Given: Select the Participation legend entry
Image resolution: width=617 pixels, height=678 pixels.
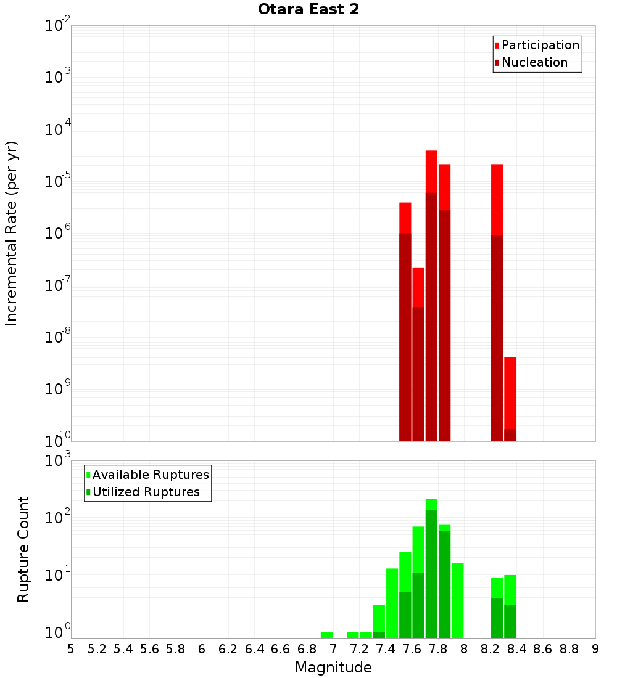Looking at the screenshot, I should [540, 45].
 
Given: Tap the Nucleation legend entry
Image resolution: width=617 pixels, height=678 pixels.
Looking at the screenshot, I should [534, 62].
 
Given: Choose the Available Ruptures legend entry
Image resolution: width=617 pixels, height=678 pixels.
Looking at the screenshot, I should [150, 475].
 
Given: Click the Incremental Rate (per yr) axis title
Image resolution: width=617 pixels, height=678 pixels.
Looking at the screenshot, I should [12, 233].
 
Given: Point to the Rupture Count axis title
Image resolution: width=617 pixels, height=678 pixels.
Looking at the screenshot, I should [23, 549].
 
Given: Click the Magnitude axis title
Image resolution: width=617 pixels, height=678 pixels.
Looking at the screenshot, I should [333, 667].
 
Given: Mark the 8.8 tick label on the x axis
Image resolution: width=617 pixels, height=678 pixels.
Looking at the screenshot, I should [569, 649].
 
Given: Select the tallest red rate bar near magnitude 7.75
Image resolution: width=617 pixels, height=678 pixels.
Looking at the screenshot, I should [431, 296].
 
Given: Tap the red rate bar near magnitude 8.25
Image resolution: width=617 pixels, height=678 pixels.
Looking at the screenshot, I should [497, 302].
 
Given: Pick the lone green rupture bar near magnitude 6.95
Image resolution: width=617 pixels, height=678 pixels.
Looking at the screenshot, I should [326, 635].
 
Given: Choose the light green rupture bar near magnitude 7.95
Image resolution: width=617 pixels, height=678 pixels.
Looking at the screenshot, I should [457, 600].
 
